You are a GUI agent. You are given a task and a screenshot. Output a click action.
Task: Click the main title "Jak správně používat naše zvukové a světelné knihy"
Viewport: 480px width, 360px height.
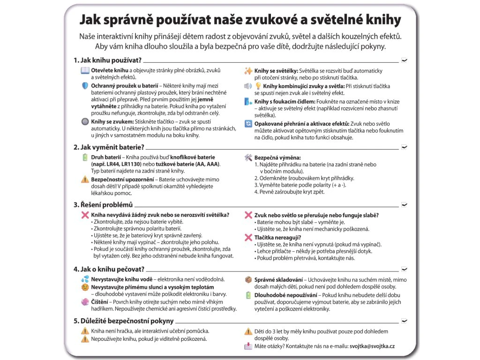pyautogui.click(x=240, y=20)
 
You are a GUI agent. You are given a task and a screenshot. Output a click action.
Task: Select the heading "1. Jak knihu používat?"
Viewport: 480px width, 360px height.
pyautogui.click(x=107, y=60)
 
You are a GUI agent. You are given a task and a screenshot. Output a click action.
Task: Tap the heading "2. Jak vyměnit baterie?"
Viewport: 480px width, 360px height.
pyautogui.click(x=109, y=147)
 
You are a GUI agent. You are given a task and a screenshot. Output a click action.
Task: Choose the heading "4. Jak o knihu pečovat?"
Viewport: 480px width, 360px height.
pyautogui.click(x=108, y=269)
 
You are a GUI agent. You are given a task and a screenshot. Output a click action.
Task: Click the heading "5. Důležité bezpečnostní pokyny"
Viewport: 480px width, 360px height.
pyautogui.click(x=123, y=321)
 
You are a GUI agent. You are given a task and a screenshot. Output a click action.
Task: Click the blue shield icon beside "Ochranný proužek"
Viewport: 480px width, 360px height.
pyautogui.click(x=85, y=86)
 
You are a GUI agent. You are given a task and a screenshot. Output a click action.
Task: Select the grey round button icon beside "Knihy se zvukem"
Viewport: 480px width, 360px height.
pyautogui.click(x=85, y=121)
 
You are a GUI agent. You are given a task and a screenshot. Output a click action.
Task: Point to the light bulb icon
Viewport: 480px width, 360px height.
pyautogui.click(x=258, y=86)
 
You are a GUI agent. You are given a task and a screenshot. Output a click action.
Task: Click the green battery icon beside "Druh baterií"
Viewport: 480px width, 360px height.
pyautogui.click(x=85, y=157)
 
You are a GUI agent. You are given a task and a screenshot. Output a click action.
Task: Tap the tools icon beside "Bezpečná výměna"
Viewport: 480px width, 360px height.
pyautogui.click(x=248, y=158)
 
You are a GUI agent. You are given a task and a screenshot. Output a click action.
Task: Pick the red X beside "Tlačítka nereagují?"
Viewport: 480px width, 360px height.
pyautogui.click(x=248, y=238)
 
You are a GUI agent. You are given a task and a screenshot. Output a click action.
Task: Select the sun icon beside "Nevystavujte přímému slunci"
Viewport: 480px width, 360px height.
pyautogui.click(x=85, y=286)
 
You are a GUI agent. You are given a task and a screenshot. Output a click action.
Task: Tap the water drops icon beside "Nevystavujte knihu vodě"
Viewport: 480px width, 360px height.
pyautogui.click(x=85, y=279)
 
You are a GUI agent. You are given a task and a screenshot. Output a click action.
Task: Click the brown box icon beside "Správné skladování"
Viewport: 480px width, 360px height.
pyautogui.click(x=248, y=279)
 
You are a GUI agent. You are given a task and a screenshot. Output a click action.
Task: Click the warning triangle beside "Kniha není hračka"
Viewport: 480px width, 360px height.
pyautogui.click(x=85, y=331)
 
